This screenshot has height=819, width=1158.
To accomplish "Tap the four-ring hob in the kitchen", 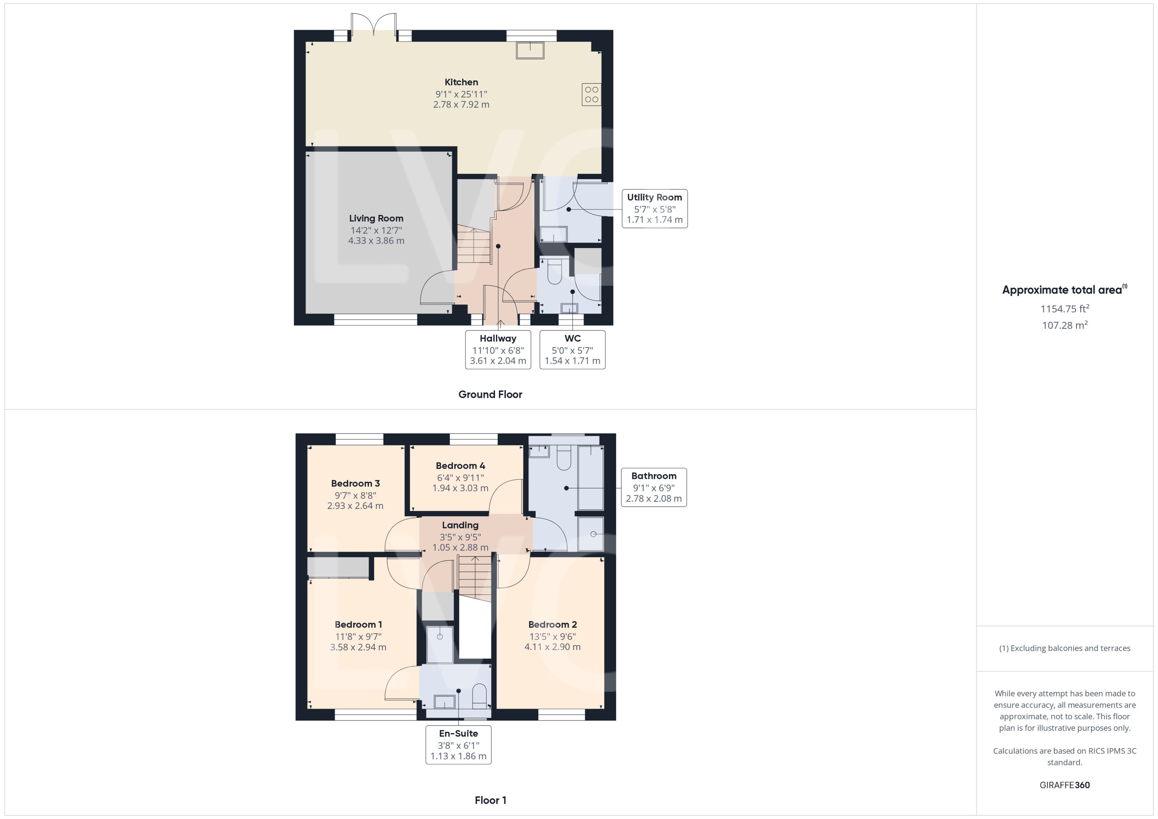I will click(x=591, y=94).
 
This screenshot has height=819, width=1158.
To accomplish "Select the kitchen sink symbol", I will click(x=530, y=51).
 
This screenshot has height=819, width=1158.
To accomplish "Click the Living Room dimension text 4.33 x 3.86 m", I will click(x=376, y=241).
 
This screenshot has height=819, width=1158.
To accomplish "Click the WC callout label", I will click(x=572, y=338).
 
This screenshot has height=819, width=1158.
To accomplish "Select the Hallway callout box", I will click(x=498, y=349).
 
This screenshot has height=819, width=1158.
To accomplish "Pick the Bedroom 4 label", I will click(x=460, y=466).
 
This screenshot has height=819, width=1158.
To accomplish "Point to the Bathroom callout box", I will click(x=653, y=487).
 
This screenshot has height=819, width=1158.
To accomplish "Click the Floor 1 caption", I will click(x=490, y=800).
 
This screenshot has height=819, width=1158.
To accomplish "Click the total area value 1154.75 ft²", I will click(x=1064, y=308).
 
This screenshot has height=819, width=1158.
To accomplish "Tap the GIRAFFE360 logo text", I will click(x=1064, y=785).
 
